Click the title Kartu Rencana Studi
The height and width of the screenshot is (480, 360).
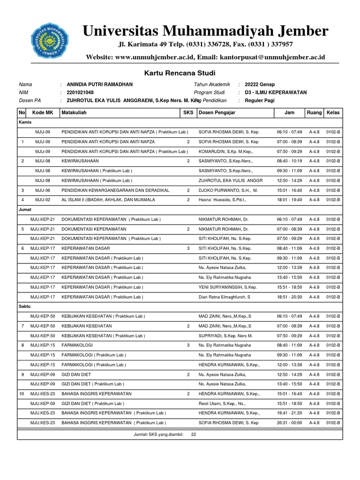tap(180, 73)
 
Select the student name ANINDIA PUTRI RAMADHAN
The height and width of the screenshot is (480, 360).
tap(100, 84)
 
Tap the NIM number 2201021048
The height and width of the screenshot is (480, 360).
tap(81, 92)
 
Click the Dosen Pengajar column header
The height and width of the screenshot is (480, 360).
tap(217, 113)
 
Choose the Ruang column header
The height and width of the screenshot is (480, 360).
tap(314, 113)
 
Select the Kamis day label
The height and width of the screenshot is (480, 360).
tap(25, 122)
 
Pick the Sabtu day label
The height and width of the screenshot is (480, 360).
tap(25, 306)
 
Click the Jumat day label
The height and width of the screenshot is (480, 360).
tap(25, 210)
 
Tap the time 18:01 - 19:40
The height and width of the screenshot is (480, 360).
tap(289, 200)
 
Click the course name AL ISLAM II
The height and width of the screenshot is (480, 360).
tap(108, 200)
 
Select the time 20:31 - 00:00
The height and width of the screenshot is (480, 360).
tap(289, 423)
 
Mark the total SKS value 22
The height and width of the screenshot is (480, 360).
tap(194, 435)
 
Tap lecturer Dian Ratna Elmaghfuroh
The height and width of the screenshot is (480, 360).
tap(225, 297)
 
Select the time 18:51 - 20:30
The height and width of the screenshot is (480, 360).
tap(289, 297)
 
